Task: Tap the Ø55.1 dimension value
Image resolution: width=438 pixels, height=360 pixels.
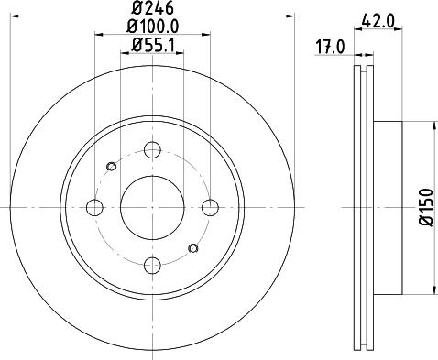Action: pyautogui.click(x=152, y=45)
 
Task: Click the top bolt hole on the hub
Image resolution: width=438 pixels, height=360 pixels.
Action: pyautogui.click(x=152, y=148)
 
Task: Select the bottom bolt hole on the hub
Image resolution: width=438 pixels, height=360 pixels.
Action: pyautogui.click(x=152, y=265)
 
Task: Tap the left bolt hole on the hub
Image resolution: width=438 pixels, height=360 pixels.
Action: pyautogui.click(x=94, y=206)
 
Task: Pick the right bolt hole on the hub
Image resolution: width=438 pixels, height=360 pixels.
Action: pyautogui.click(x=210, y=206)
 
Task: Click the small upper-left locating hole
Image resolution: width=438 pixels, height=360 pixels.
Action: pyautogui.click(x=112, y=166)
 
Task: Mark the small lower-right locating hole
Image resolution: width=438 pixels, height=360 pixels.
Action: pyautogui.click(x=192, y=247)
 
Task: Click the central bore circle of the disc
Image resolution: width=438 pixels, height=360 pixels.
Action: pyautogui.click(x=152, y=206)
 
